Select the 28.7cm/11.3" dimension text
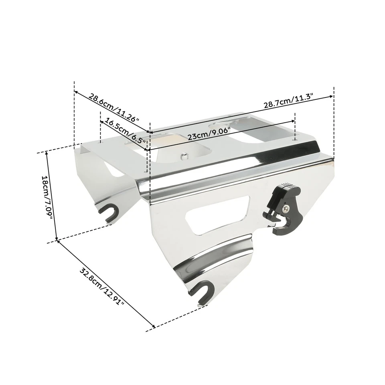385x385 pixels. tap(288, 101)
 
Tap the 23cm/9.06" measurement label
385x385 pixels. tap(209, 134)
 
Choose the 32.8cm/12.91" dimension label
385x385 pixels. tap(101, 286)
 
